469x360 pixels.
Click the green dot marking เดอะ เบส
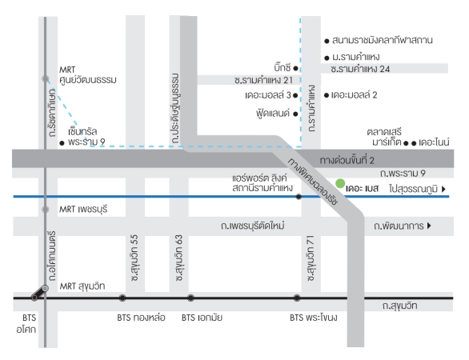point(340,183)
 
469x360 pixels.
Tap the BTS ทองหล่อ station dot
point(122,298)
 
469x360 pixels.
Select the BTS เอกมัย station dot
point(190,298)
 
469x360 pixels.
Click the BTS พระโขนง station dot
point(297,298)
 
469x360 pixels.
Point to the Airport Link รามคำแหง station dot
point(299,197)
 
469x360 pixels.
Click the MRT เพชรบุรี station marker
point(46,210)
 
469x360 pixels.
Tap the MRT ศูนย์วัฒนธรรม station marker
point(46,78)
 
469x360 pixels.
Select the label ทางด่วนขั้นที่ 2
point(347,161)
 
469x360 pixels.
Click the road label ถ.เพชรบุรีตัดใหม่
point(253,226)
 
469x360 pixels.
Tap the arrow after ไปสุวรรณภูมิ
point(443,189)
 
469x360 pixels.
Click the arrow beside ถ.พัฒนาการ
point(429,226)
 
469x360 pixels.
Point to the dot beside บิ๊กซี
point(295,69)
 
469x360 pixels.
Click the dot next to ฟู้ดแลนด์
point(295,114)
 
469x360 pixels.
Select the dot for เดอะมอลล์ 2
point(327,95)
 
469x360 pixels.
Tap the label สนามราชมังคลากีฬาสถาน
point(383,40)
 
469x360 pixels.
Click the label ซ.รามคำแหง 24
point(360,69)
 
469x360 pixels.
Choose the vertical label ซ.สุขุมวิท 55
point(135,258)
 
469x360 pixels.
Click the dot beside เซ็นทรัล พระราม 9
point(62,143)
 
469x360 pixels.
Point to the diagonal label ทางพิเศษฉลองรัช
point(313,182)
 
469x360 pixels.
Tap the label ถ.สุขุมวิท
point(399,306)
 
